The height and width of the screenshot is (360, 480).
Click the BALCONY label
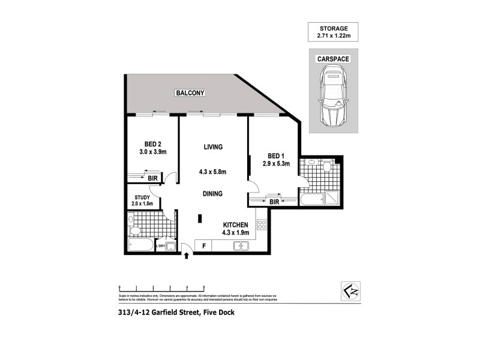[190, 93]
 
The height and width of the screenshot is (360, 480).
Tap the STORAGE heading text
[333, 28]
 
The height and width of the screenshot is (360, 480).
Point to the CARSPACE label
[333, 59]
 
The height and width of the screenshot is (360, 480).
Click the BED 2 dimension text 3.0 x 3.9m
[153, 152]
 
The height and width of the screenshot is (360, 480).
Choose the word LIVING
[213, 147]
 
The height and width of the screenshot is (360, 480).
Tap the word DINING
[213, 194]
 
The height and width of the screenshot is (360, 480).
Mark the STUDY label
[142, 197]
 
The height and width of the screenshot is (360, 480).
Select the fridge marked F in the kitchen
[204, 245]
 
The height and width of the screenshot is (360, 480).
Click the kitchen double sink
[242, 245]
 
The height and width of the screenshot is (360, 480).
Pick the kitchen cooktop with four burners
[262, 225]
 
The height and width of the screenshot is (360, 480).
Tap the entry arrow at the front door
[187, 256]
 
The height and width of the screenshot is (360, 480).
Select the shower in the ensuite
[331, 199]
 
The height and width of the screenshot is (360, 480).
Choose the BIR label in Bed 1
[274, 202]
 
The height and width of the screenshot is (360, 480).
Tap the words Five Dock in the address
[218, 311]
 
